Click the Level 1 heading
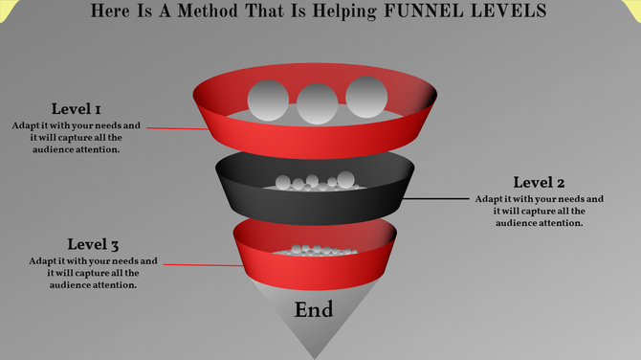coord(77,109)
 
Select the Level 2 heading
coord(539,183)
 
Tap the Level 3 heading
coord(93,244)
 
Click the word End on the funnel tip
coord(314,310)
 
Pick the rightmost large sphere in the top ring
coord(365,97)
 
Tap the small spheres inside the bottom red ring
coord(315,250)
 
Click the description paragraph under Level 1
coord(77,137)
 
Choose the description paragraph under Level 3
coord(93,272)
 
